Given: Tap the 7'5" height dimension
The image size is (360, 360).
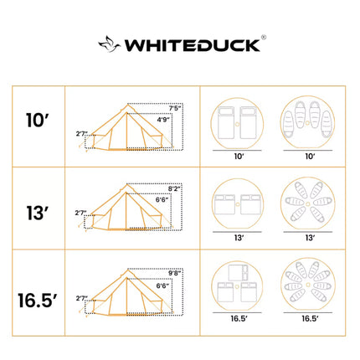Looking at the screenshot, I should click(x=174, y=108).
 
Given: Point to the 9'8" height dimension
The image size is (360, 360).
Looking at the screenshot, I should click(x=174, y=272).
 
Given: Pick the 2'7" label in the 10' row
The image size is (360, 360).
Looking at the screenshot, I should click(x=81, y=132).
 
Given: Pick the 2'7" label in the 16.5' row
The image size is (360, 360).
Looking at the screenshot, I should click(x=81, y=297).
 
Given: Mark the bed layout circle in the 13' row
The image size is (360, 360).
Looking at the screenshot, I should click(x=239, y=204).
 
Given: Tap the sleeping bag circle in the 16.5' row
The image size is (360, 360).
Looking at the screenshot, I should click(x=309, y=287).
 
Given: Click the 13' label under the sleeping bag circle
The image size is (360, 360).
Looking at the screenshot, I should click(x=309, y=238).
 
